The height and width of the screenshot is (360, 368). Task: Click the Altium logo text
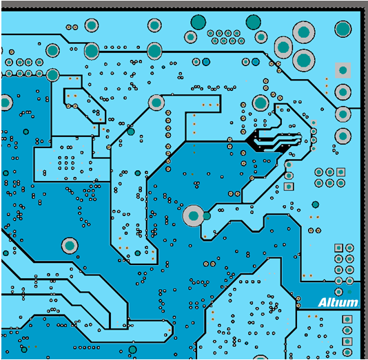[x=338, y=302]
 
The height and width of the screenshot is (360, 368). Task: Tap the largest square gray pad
[x=343, y=70]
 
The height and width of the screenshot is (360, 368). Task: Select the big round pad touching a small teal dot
[x=194, y=215]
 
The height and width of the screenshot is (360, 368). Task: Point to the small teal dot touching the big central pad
[x=207, y=216]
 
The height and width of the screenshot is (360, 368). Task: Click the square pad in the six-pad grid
[x=340, y=172]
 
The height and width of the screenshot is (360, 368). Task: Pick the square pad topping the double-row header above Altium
[x=338, y=248]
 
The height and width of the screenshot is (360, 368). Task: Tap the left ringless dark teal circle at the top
[x=198, y=22]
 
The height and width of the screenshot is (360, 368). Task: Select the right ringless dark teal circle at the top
[x=253, y=22]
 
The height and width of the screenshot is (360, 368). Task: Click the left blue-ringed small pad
[x=206, y=62]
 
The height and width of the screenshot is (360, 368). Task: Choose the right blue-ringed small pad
[x=256, y=62]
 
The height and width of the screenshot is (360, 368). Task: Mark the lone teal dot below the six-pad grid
[x=316, y=204]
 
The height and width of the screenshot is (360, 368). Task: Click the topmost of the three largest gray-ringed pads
[x=304, y=32]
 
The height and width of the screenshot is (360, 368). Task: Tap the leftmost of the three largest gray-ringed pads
[x=283, y=47]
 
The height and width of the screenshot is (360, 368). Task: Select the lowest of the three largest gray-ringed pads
[x=304, y=61]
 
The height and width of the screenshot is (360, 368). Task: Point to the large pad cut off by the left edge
[x=6, y=103]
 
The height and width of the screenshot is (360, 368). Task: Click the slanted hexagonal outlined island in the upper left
[x=85, y=105]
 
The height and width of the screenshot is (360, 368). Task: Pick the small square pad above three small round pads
[x=314, y=123]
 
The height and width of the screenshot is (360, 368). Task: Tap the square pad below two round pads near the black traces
[x=289, y=187]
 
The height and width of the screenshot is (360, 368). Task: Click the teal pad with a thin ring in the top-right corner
[x=343, y=29]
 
